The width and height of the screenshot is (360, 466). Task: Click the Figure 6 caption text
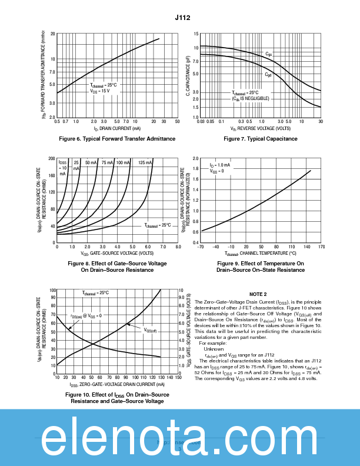click(x=118, y=139)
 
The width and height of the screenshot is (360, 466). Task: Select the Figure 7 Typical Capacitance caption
click(x=261, y=139)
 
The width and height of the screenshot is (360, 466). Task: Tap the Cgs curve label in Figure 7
click(x=268, y=54)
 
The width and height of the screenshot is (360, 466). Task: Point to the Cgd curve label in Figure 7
click(x=268, y=75)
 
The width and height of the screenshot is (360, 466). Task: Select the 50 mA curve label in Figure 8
click(x=91, y=162)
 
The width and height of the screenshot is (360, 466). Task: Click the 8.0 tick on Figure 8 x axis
click(x=177, y=247)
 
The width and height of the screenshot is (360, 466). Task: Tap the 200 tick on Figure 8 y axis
click(x=51, y=159)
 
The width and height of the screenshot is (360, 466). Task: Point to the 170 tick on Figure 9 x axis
click(x=321, y=247)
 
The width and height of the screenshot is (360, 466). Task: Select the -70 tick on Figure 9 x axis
click(x=201, y=247)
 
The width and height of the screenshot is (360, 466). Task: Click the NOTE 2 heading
click(x=258, y=294)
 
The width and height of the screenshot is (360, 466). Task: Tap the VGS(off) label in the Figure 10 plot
click(x=150, y=330)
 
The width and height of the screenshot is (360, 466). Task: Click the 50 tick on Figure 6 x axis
click(x=177, y=121)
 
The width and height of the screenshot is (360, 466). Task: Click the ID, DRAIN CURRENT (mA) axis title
click(x=117, y=128)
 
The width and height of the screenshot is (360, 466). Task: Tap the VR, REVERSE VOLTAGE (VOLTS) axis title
click(x=261, y=128)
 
